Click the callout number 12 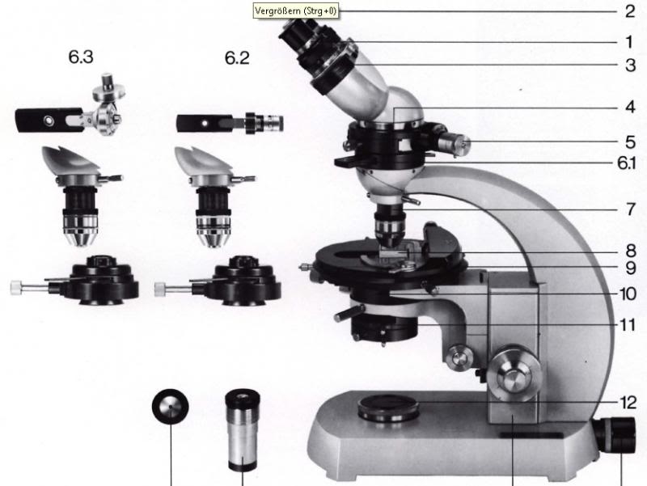(628, 402)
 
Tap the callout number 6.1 (627, 163)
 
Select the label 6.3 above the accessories (80, 57)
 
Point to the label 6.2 (237, 57)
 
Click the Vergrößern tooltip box (295, 11)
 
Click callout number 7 (630, 209)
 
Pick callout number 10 (628, 294)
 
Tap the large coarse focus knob (514, 374)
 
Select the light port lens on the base (389, 408)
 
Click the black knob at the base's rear (615, 435)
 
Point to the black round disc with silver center (171, 408)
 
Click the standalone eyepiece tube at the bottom (243, 430)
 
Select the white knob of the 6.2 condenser (159, 289)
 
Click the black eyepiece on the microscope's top (297, 33)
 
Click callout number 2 (630, 11)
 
